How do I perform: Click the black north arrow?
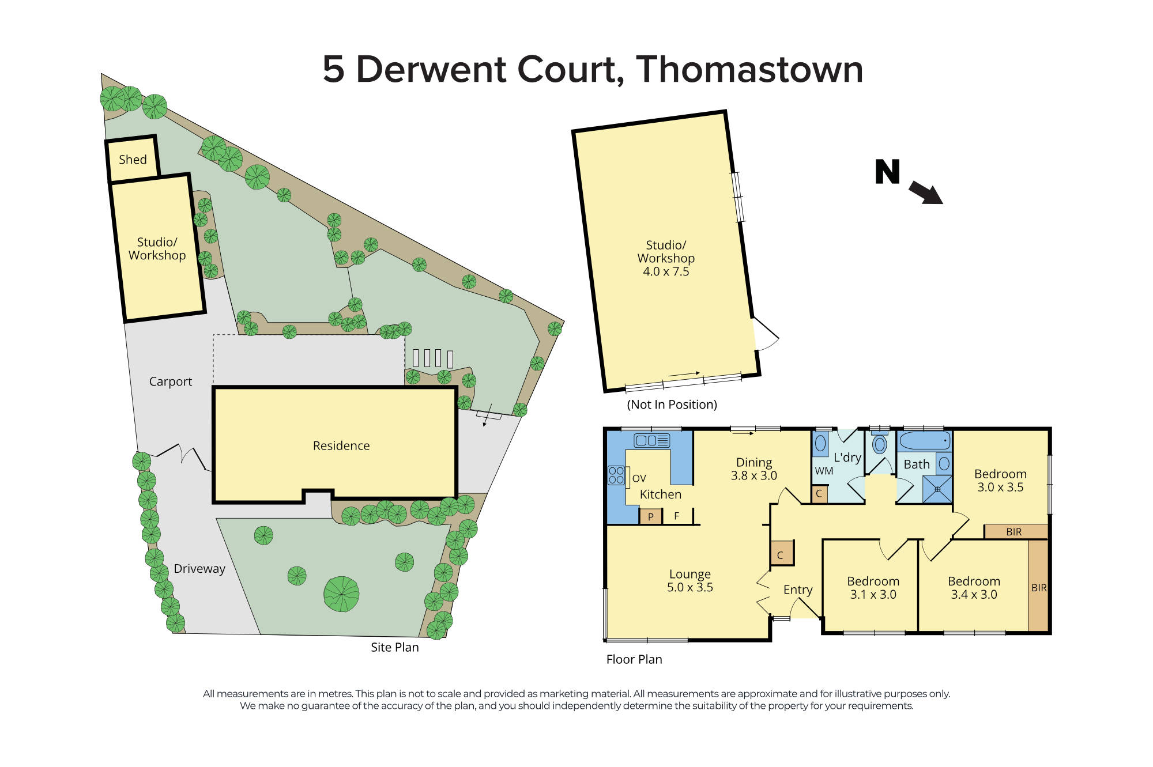point(925,192)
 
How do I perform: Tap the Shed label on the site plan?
point(133,160)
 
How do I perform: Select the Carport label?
point(170,381)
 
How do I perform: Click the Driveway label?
point(199,569)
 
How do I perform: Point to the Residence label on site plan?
point(341,445)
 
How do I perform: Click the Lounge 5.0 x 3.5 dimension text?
point(689,587)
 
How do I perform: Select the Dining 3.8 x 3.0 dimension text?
point(753,475)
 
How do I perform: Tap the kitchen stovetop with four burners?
point(616,475)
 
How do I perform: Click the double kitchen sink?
point(651,441)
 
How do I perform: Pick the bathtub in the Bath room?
point(924,441)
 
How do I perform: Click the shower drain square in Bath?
point(937,489)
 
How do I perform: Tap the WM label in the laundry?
point(824,471)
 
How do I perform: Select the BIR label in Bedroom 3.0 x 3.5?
point(1013,532)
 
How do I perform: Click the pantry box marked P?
point(651,516)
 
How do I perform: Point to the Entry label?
point(798,590)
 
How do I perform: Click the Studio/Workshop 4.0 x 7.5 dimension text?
point(666,271)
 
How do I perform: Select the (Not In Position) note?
point(672,405)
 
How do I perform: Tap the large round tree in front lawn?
point(341,594)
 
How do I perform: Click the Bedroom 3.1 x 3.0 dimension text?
point(873,594)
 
